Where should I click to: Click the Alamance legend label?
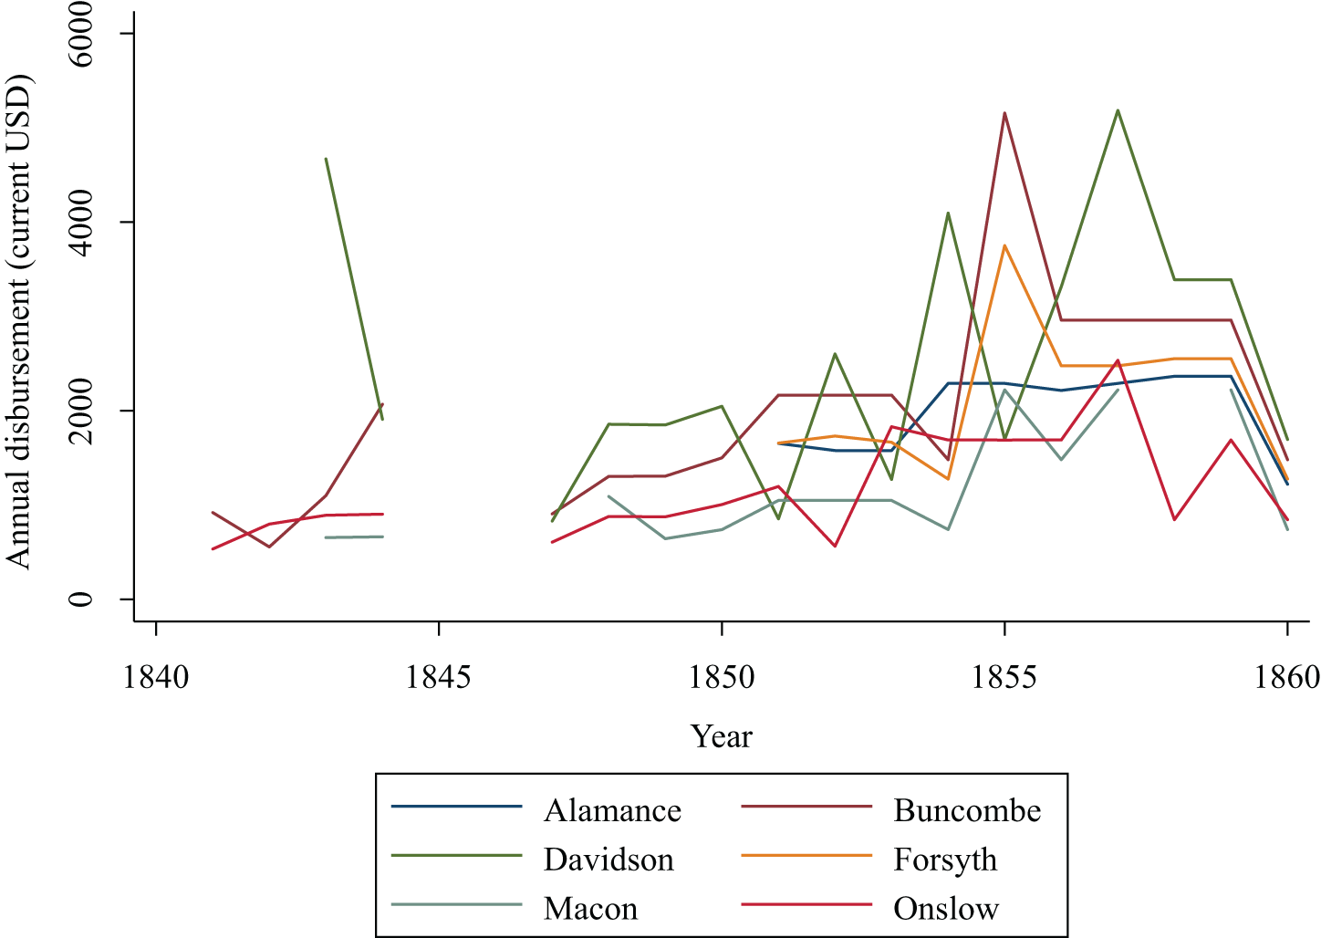(x=612, y=811)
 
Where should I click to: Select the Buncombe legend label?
(x=967, y=811)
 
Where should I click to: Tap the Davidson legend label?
(x=608, y=860)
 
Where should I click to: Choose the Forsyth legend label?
(x=945, y=860)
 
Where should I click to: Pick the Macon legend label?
(x=590, y=910)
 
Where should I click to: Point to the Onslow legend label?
(x=946, y=910)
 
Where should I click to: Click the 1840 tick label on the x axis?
(x=156, y=678)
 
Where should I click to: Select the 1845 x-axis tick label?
(x=439, y=678)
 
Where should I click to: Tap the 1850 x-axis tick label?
(x=722, y=678)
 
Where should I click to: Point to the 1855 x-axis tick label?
(x=1004, y=678)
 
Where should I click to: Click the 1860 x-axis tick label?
(x=1286, y=678)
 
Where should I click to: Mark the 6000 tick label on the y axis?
(x=92, y=33)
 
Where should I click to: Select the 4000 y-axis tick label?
(x=92, y=222)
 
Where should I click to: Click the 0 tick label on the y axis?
(x=92, y=599)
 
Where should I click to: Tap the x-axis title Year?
(x=722, y=736)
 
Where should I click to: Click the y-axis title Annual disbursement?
(x=20, y=319)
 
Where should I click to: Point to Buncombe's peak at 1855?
(x=1004, y=113)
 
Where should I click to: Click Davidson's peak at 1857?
(x=1118, y=110)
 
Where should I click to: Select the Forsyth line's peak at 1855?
(x=1004, y=245)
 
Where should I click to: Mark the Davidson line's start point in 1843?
(x=326, y=159)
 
